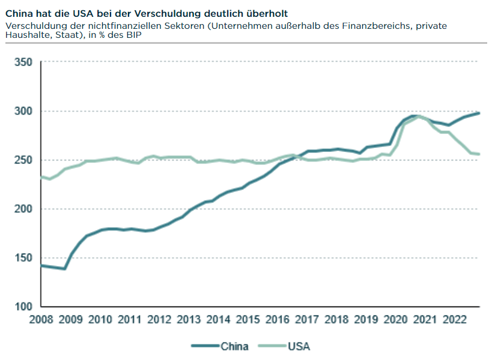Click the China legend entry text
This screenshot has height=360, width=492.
pyautogui.click(x=235, y=346)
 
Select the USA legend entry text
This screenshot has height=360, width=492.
pyautogui.click(x=299, y=346)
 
